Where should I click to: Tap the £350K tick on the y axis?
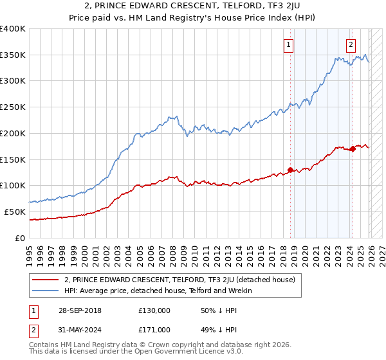[x=13, y=55]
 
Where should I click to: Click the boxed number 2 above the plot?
[x=351, y=45]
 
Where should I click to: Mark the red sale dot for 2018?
[x=290, y=170]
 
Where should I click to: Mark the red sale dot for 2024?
[x=353, y=148]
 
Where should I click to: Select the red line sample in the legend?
[x=45, y=280]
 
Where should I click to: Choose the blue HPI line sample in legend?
[x=45, y=291]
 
